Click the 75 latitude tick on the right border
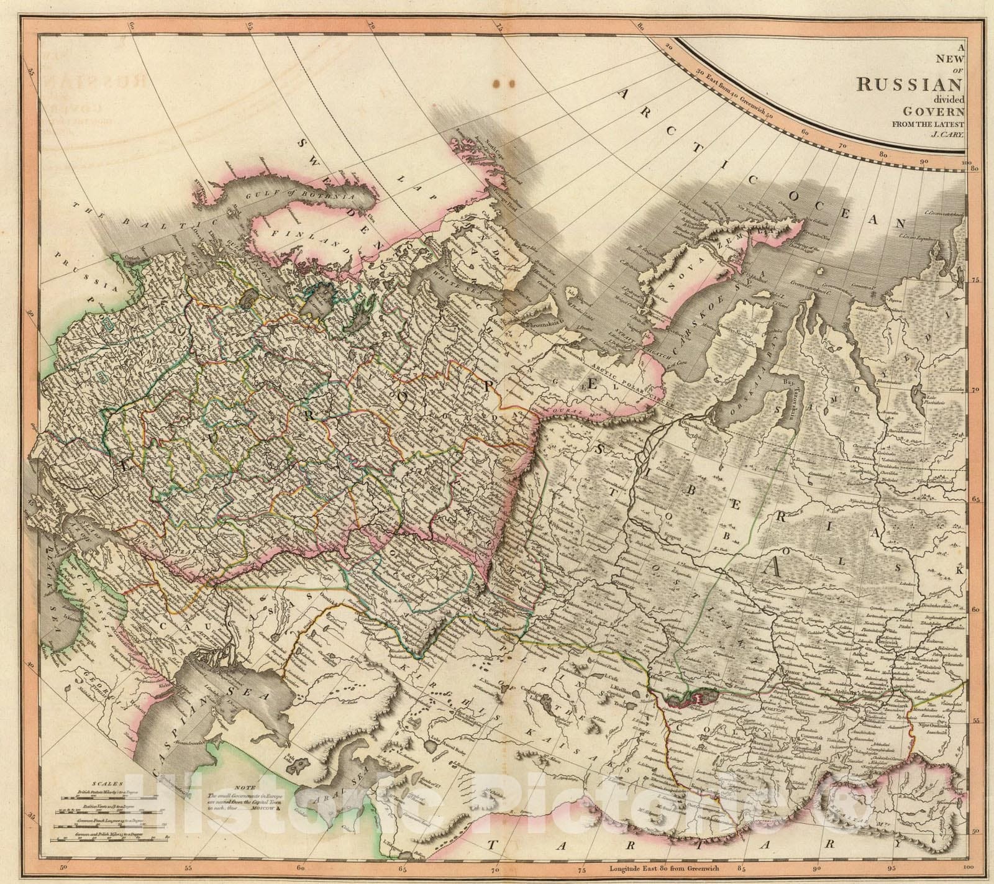pyautogui.click(x=975, y=281)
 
